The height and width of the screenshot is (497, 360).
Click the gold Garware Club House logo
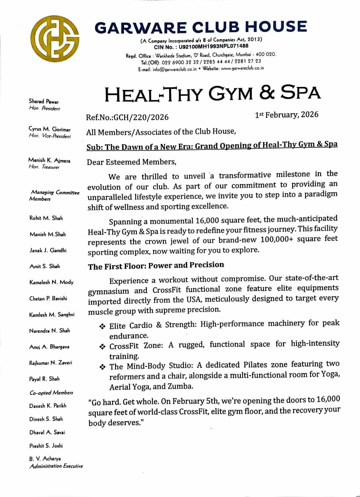click(x=55, y=39)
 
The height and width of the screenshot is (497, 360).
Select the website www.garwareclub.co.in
click(x=242, y=68)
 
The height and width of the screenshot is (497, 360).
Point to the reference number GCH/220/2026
click(x=141, y=117)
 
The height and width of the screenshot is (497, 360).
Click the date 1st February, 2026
click(x=286, y=115)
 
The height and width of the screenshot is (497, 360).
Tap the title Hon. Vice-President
click(x=50, y=136)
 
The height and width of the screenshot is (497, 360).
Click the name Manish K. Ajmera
click(x=49, y=160)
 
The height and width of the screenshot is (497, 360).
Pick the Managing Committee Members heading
click(x=54, y=196)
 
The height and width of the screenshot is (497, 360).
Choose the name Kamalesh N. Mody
click(x=52, y=282)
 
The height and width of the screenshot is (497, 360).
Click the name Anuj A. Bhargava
click(x=49, y=347)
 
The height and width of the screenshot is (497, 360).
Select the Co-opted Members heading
click(x=51, y=393)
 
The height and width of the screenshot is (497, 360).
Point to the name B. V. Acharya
click(x=45, y=458)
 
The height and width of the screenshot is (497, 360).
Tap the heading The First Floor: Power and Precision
click(x=156, y=266)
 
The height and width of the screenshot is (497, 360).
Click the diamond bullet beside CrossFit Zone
click(x=102, y=346)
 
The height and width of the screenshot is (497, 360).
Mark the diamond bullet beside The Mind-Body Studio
click(x=102, y=367)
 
